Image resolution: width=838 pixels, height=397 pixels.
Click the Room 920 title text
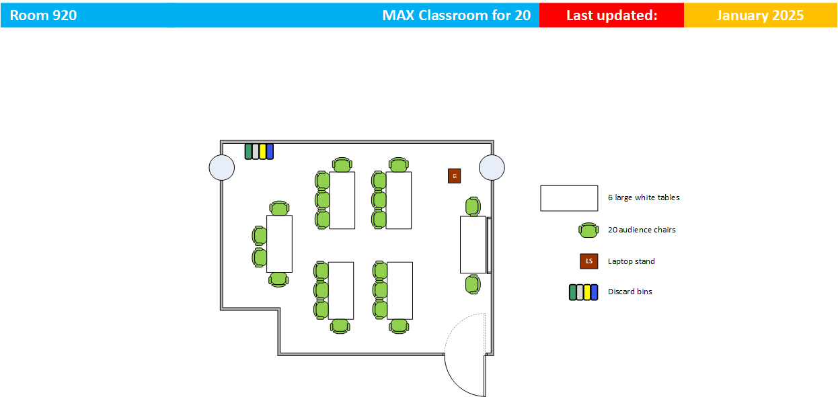click(x=43, y=15)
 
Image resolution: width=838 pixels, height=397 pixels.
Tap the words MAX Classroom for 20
click(x=457, y=15)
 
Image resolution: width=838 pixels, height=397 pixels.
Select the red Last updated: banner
click(x=611, y=15)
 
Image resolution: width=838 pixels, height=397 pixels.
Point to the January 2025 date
click(x=760, y=15)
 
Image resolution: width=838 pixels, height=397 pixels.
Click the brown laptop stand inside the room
click(x=454, y=176)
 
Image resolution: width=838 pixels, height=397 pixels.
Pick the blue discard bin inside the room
click(x=270, y=151)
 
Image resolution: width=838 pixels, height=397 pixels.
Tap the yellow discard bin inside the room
click(x=262, y=151)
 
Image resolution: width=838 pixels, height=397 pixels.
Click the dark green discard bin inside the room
click(x=248, y=151)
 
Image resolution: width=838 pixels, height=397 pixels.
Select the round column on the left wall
click(x=222, y=167)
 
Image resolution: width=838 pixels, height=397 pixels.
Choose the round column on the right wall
click(x=492, y=167)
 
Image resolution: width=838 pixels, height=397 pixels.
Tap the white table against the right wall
click(x=473, y=245)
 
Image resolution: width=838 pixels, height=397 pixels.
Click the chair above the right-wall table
click(x=473, y=206)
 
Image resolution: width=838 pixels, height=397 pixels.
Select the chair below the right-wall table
click(x=473, y=284)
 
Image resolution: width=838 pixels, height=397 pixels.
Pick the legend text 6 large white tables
click(x=644, y=197)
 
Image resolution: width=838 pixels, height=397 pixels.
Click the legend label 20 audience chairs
click(x=642, y=230)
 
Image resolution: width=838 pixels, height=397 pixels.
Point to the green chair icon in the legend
click(x=588, y=230)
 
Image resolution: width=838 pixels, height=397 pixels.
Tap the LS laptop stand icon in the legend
click(x=589, y=261)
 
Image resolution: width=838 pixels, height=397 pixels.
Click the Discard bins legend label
click(x=630, y=292)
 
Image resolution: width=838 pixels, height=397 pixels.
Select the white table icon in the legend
click(x=569, y=198)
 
